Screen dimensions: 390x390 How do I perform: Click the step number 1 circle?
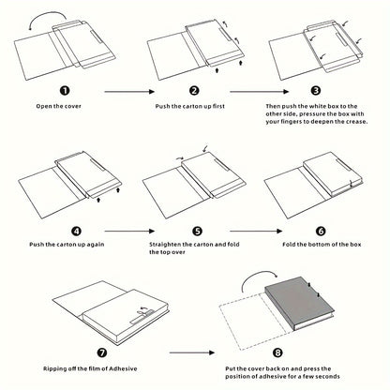tap(64, 91)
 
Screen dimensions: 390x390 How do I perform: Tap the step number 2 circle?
tap(194, 91)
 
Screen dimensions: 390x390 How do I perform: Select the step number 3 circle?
tap(315, 91)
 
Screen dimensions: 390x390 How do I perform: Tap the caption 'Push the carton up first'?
tap(194, 109)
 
